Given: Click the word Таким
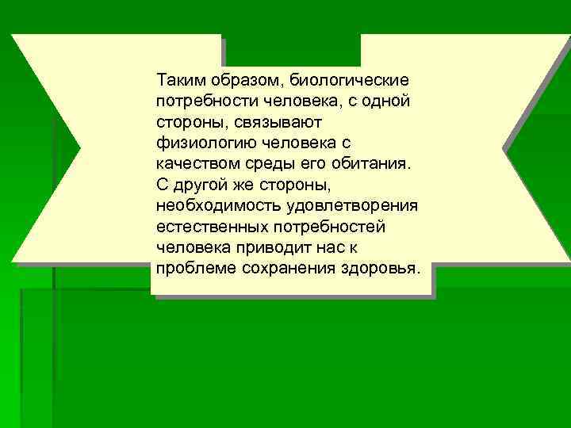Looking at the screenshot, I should (180, 81).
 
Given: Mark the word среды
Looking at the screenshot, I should (270, 163).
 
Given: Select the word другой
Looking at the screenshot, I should (200, 184).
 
